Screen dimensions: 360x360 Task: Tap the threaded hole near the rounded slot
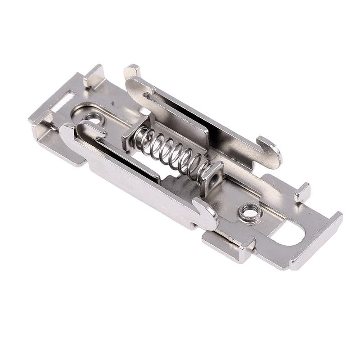(250, 211)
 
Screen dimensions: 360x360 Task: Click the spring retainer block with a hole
(212, 176)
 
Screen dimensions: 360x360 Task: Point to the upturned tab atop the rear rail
(132, 71)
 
